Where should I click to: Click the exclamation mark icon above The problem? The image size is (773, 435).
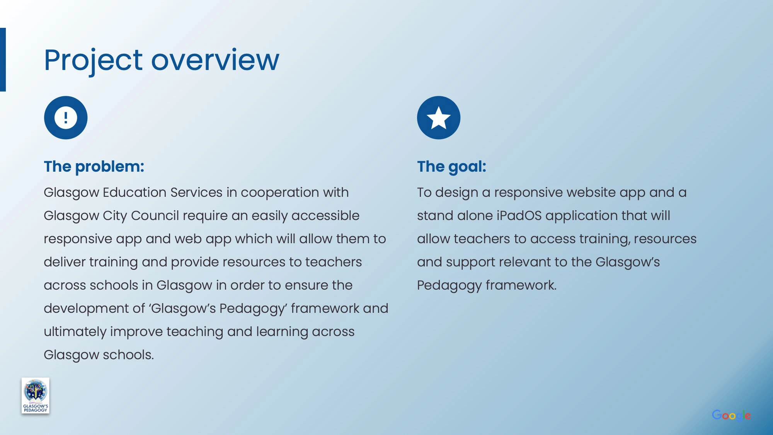(x=66, y=118)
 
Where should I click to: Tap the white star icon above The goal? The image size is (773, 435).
(x=439, y=118)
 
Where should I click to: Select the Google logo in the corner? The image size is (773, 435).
(x=731, y=416)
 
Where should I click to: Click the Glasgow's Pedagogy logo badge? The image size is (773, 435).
(x=36, y=396)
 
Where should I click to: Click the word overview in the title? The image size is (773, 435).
(x=215, y=60)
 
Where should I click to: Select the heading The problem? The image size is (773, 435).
(x=94, y=167)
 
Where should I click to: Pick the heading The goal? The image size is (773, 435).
(x=451, y=167)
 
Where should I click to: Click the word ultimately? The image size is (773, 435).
(x=75, y=332)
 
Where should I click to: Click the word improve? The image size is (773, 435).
(x=136, y=332)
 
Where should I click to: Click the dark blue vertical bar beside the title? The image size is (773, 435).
(x=3, y=60)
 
